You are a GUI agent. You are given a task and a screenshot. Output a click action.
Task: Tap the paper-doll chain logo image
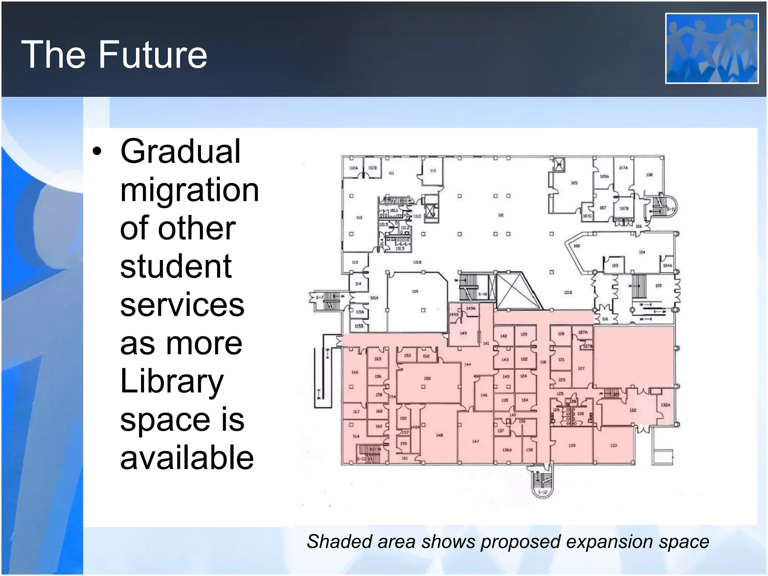[712, 48]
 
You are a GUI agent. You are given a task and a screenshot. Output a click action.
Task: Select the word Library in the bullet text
[172, 382]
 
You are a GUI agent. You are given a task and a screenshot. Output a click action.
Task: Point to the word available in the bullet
[187, 457]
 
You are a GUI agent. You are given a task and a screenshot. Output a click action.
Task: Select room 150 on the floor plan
[427, 378]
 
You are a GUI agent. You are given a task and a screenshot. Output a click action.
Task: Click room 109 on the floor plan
[415, 291]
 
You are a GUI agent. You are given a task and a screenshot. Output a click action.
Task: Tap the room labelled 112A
[353, 168]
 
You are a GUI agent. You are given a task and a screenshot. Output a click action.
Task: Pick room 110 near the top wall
[433, 171]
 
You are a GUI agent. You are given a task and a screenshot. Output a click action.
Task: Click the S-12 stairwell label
[542, 492]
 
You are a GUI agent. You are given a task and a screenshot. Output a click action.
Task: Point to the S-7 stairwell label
[319, 297]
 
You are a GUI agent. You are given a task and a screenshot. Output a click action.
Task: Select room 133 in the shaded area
[613, 445]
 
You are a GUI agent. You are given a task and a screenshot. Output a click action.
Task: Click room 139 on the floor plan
[571, 445]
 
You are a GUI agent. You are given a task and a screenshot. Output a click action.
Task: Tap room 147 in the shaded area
[475, 441]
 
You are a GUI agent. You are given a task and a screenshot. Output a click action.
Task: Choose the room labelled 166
[354, 372]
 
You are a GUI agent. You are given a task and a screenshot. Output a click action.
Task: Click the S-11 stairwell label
[670, 209]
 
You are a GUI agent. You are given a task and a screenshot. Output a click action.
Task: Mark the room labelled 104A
[667, 265]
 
